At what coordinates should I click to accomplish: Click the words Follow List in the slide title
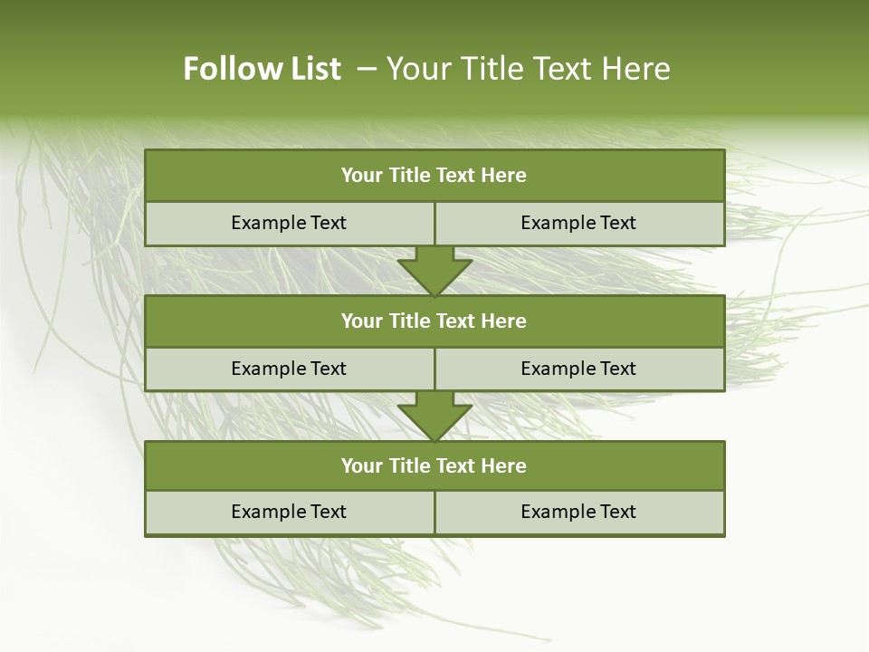262,69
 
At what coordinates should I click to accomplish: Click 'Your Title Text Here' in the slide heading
528,69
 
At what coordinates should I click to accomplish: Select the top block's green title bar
434,176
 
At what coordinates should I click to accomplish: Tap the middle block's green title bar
434,321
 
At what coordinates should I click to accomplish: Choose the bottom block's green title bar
434,465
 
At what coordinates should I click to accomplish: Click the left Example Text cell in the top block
289,223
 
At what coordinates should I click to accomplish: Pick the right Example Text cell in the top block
578,223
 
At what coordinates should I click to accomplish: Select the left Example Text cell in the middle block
289,369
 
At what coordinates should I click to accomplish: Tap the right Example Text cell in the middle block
578,369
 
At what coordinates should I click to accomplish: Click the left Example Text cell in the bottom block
289,512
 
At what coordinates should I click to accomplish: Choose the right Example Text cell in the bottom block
578,512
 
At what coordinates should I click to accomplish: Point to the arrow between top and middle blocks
434,270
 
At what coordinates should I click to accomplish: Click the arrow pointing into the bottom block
434,416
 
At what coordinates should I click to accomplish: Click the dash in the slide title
367,69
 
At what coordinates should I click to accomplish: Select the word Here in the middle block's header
504,321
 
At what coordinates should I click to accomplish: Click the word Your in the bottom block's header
361,465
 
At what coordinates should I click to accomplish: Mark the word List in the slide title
315,69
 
